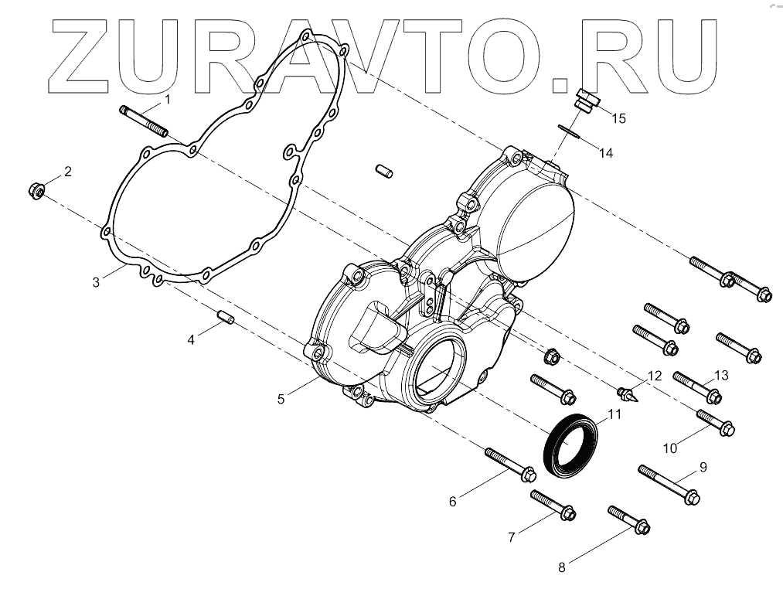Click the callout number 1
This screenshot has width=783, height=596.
click(167, 100)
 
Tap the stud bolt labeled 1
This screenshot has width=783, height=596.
click(145, 122)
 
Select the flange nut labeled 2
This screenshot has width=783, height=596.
click(36, 189)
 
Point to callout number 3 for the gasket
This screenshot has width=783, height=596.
click(96, 282)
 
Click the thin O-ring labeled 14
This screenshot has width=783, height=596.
click(570, 131)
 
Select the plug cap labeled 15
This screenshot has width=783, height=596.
click(588, 101)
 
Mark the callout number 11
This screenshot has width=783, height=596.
click(614, 414)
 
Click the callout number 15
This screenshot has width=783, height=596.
click(618, 118)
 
